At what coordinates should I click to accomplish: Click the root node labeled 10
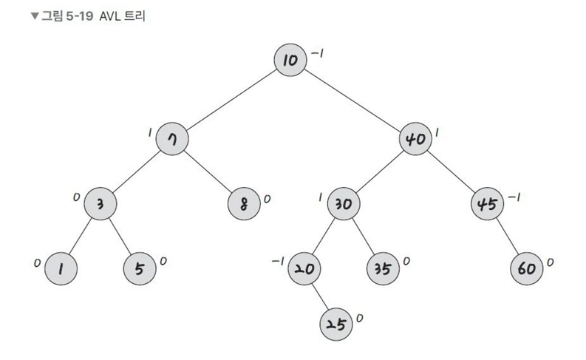tap(291, 60)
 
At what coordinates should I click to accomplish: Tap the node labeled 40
tap(415, 140)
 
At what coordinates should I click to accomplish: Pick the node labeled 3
tap(100, 203)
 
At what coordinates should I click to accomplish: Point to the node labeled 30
tap(342, 203)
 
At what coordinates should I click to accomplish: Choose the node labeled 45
tap(487, 203)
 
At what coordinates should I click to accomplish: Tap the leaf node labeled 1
tap(61, 268)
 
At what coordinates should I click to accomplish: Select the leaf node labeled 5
tap(138, 268)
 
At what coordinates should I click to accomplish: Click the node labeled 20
tap(304, 268)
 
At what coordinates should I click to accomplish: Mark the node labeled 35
tap(382, 268)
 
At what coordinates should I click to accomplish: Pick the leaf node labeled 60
tap(527, 268)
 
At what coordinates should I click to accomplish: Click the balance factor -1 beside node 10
tap(317, 54)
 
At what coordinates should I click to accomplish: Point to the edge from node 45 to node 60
tap(507, 236)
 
